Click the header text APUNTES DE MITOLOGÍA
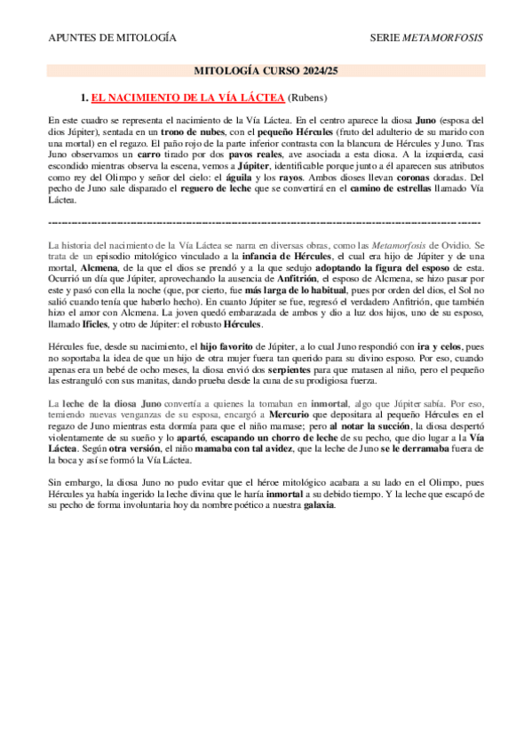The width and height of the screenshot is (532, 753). tap(111, 38)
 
